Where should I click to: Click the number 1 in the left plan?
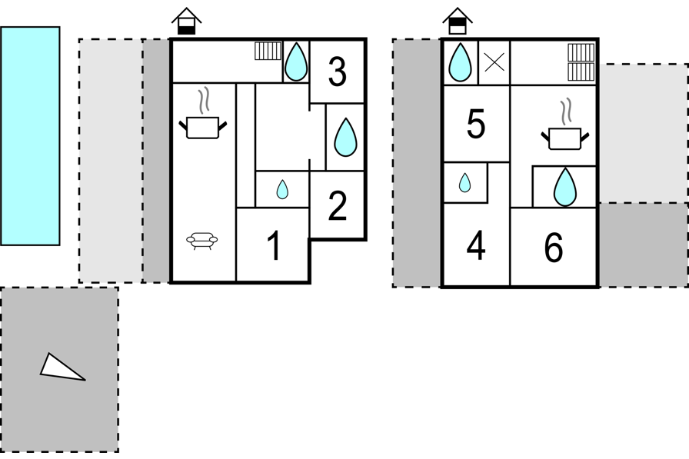click(275, 245)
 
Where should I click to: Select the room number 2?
click(337, 205)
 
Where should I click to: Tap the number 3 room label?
click(337, 72)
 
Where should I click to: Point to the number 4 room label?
click(476, 245)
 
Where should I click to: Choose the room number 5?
click(476, 125)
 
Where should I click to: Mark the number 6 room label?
click(553, 248)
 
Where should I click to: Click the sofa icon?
click(202, 241)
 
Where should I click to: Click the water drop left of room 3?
click(296, 62)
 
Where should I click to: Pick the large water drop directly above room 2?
click(345, 137)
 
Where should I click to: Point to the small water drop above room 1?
click(282, 189)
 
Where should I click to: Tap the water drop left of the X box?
click(460, 62)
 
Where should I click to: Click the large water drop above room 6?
click(565, 187)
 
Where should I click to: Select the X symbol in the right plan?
click(494, 62)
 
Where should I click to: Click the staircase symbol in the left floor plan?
click(268, 51)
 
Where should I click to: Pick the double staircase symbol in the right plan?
click(581, 62)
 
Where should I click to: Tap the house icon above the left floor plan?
click(186, 21)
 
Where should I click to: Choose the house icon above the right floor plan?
click(458, 21)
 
